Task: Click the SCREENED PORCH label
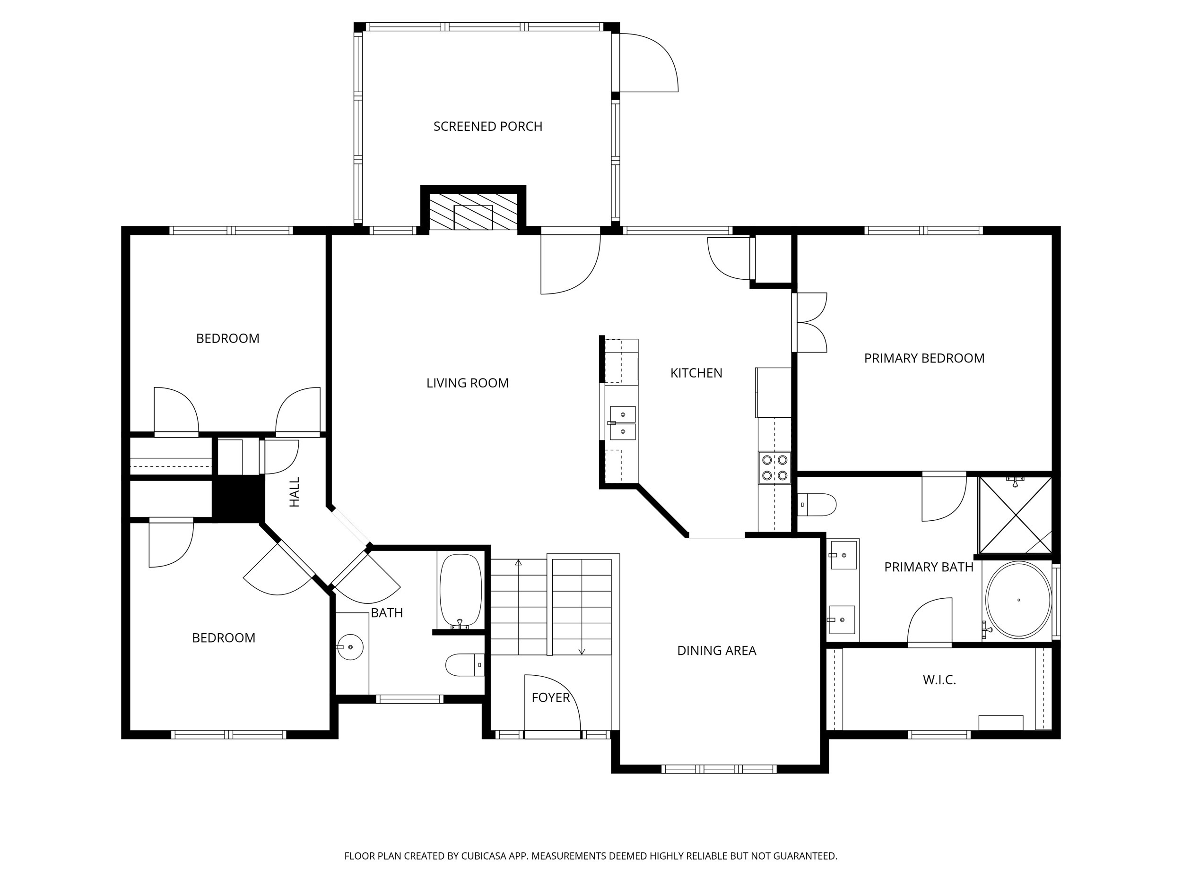coord(487,127)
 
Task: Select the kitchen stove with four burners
coord(774,467)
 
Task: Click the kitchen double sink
coord(623,423)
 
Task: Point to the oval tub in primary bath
coord(1018,600)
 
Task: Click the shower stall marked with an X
coord(1015,516)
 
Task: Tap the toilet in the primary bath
coord(817,505)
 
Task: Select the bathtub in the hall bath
coord(460,591)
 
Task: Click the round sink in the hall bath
coord(350,647)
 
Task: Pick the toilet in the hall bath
coord(464,665)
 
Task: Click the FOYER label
coord(550,697)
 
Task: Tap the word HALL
coord(295,492)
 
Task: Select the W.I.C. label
coord(939,680)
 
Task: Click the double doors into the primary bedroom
coord(810,323)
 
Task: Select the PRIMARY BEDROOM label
coord(924,358)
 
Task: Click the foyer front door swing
coord(551,705)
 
